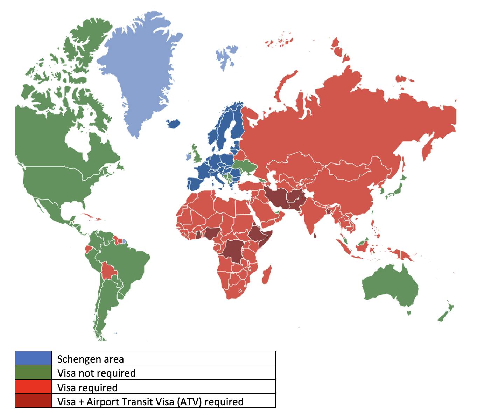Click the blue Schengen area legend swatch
pyautogui.click(x=33, y=358)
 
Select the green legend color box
pyautogui.click(x=33, y=372)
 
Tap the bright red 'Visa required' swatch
pyautogui.click(x=33, y=387)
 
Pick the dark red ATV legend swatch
pyautogui.click(x=33, y=401)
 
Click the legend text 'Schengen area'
pyautogui.click(x=90, y=359)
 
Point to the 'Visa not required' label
pyautogui.click(x=96, y=373)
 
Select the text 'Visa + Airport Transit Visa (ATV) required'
pyautogui.click(x=150, y=401)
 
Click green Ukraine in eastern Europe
pyautogui.click(x=245, y=166)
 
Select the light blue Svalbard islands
pyautogui.click(x=227, y=56)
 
